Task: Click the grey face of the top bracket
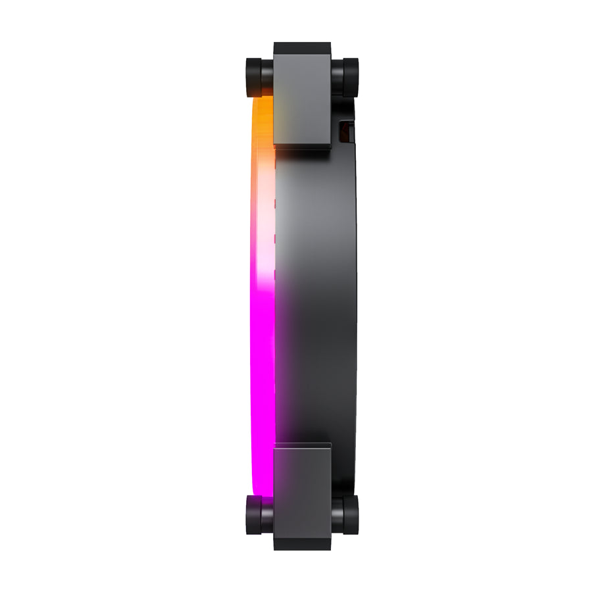(302, 99)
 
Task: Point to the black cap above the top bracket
(302, 49)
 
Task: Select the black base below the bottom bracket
(302, 543)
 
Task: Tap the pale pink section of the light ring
(263, 250)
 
